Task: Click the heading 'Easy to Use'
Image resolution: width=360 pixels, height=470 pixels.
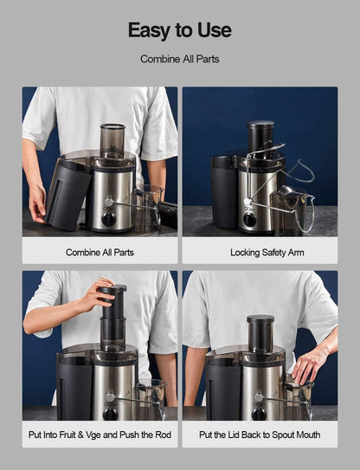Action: [180, 30]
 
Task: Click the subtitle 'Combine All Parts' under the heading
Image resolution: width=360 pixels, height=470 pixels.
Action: [180, 60]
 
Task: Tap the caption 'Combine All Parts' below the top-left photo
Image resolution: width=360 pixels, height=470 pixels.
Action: [100, 253]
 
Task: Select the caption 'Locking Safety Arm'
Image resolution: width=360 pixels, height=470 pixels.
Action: [260, 253]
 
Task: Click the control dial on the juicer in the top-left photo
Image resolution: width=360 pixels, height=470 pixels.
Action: [109, 218]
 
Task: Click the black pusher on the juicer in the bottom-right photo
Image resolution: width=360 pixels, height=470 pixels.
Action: [260, 332]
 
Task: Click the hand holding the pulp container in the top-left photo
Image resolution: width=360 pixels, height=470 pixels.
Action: [37, 203]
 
